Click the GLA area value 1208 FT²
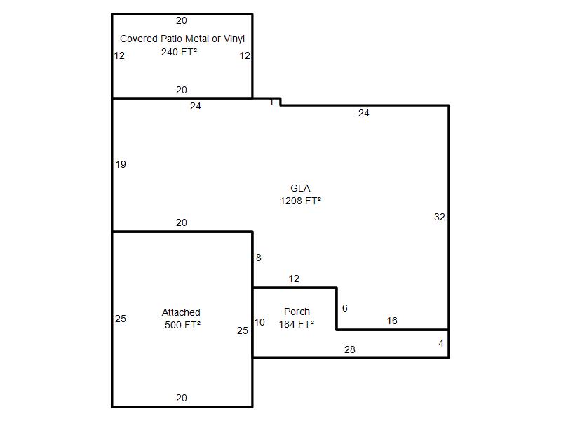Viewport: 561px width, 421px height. click(x=301, y=201)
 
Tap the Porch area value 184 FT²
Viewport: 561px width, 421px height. click(x=297, y=324)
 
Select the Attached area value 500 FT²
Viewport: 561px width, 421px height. click(x=182, y=325)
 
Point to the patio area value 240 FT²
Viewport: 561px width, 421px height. click(x=179, y=52)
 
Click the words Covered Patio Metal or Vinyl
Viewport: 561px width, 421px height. click(x=182, y=39)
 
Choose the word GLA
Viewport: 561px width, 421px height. click(x=300, y=188)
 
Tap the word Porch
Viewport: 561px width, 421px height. click(x=297, y=312)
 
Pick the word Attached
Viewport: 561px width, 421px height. click(x=181, y=312)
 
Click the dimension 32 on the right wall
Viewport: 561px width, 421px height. click(x=440, y=217)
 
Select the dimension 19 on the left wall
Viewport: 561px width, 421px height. click(x=121, y=164)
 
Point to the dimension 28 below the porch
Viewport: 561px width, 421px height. click(x=349, y=349)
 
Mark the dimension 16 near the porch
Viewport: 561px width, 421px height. click(x=392, y=321)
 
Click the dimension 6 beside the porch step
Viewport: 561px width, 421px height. click(x=345, y=308)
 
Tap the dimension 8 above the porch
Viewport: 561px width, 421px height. click(x=259, y=258)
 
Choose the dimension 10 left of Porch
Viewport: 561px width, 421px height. click(x=259, y=322)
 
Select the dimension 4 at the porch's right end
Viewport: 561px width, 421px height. click(x=441, y=343)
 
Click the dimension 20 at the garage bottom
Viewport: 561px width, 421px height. click(x=182, y=398)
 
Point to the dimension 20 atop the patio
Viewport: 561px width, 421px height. click(x=182, y=20)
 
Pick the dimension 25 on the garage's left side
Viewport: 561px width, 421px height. click(x=121, y=319)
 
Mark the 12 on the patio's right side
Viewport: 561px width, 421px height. click(x=245, y=55)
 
